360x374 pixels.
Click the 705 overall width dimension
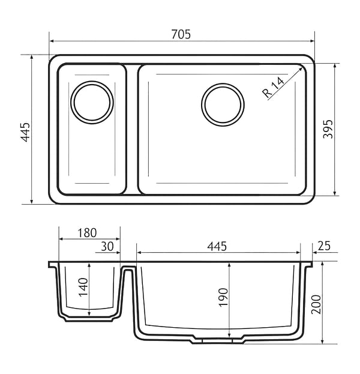[x=181, y=34]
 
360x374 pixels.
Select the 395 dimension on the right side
[x=328, y=129]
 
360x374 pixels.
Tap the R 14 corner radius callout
[x=274, y=87]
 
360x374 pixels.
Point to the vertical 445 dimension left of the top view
[x=25, y=132]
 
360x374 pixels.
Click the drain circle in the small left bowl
[x=92, y=103]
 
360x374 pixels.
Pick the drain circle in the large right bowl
[x=223, y=104]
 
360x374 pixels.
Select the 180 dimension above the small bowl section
[x=87, y=233]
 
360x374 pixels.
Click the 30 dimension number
[x=107, y=246]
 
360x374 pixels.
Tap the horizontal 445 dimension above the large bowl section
[x=217, y=246]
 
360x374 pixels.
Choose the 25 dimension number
[x=324, y=246]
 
